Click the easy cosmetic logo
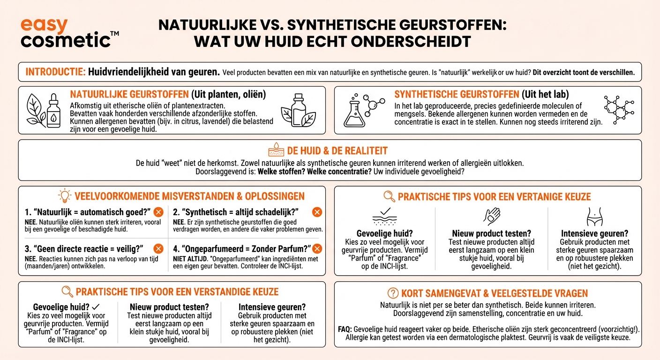click(66, 33)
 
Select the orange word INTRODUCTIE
click(55, 72)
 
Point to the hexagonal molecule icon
click(618, 110)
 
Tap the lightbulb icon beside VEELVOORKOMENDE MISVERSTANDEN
click(64, 195)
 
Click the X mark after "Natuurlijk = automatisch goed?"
click(158, 212)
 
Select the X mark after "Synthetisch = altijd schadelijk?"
click(317, 212)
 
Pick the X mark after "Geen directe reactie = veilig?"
click(158, 248)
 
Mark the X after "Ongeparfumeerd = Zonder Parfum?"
click(317, 248)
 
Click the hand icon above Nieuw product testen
click(491, 217)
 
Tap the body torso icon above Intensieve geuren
click(594, 217)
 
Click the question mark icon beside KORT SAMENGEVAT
click(393, 293)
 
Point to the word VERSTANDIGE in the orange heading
click(209, 292)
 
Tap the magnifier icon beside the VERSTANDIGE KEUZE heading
click(67, 292)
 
